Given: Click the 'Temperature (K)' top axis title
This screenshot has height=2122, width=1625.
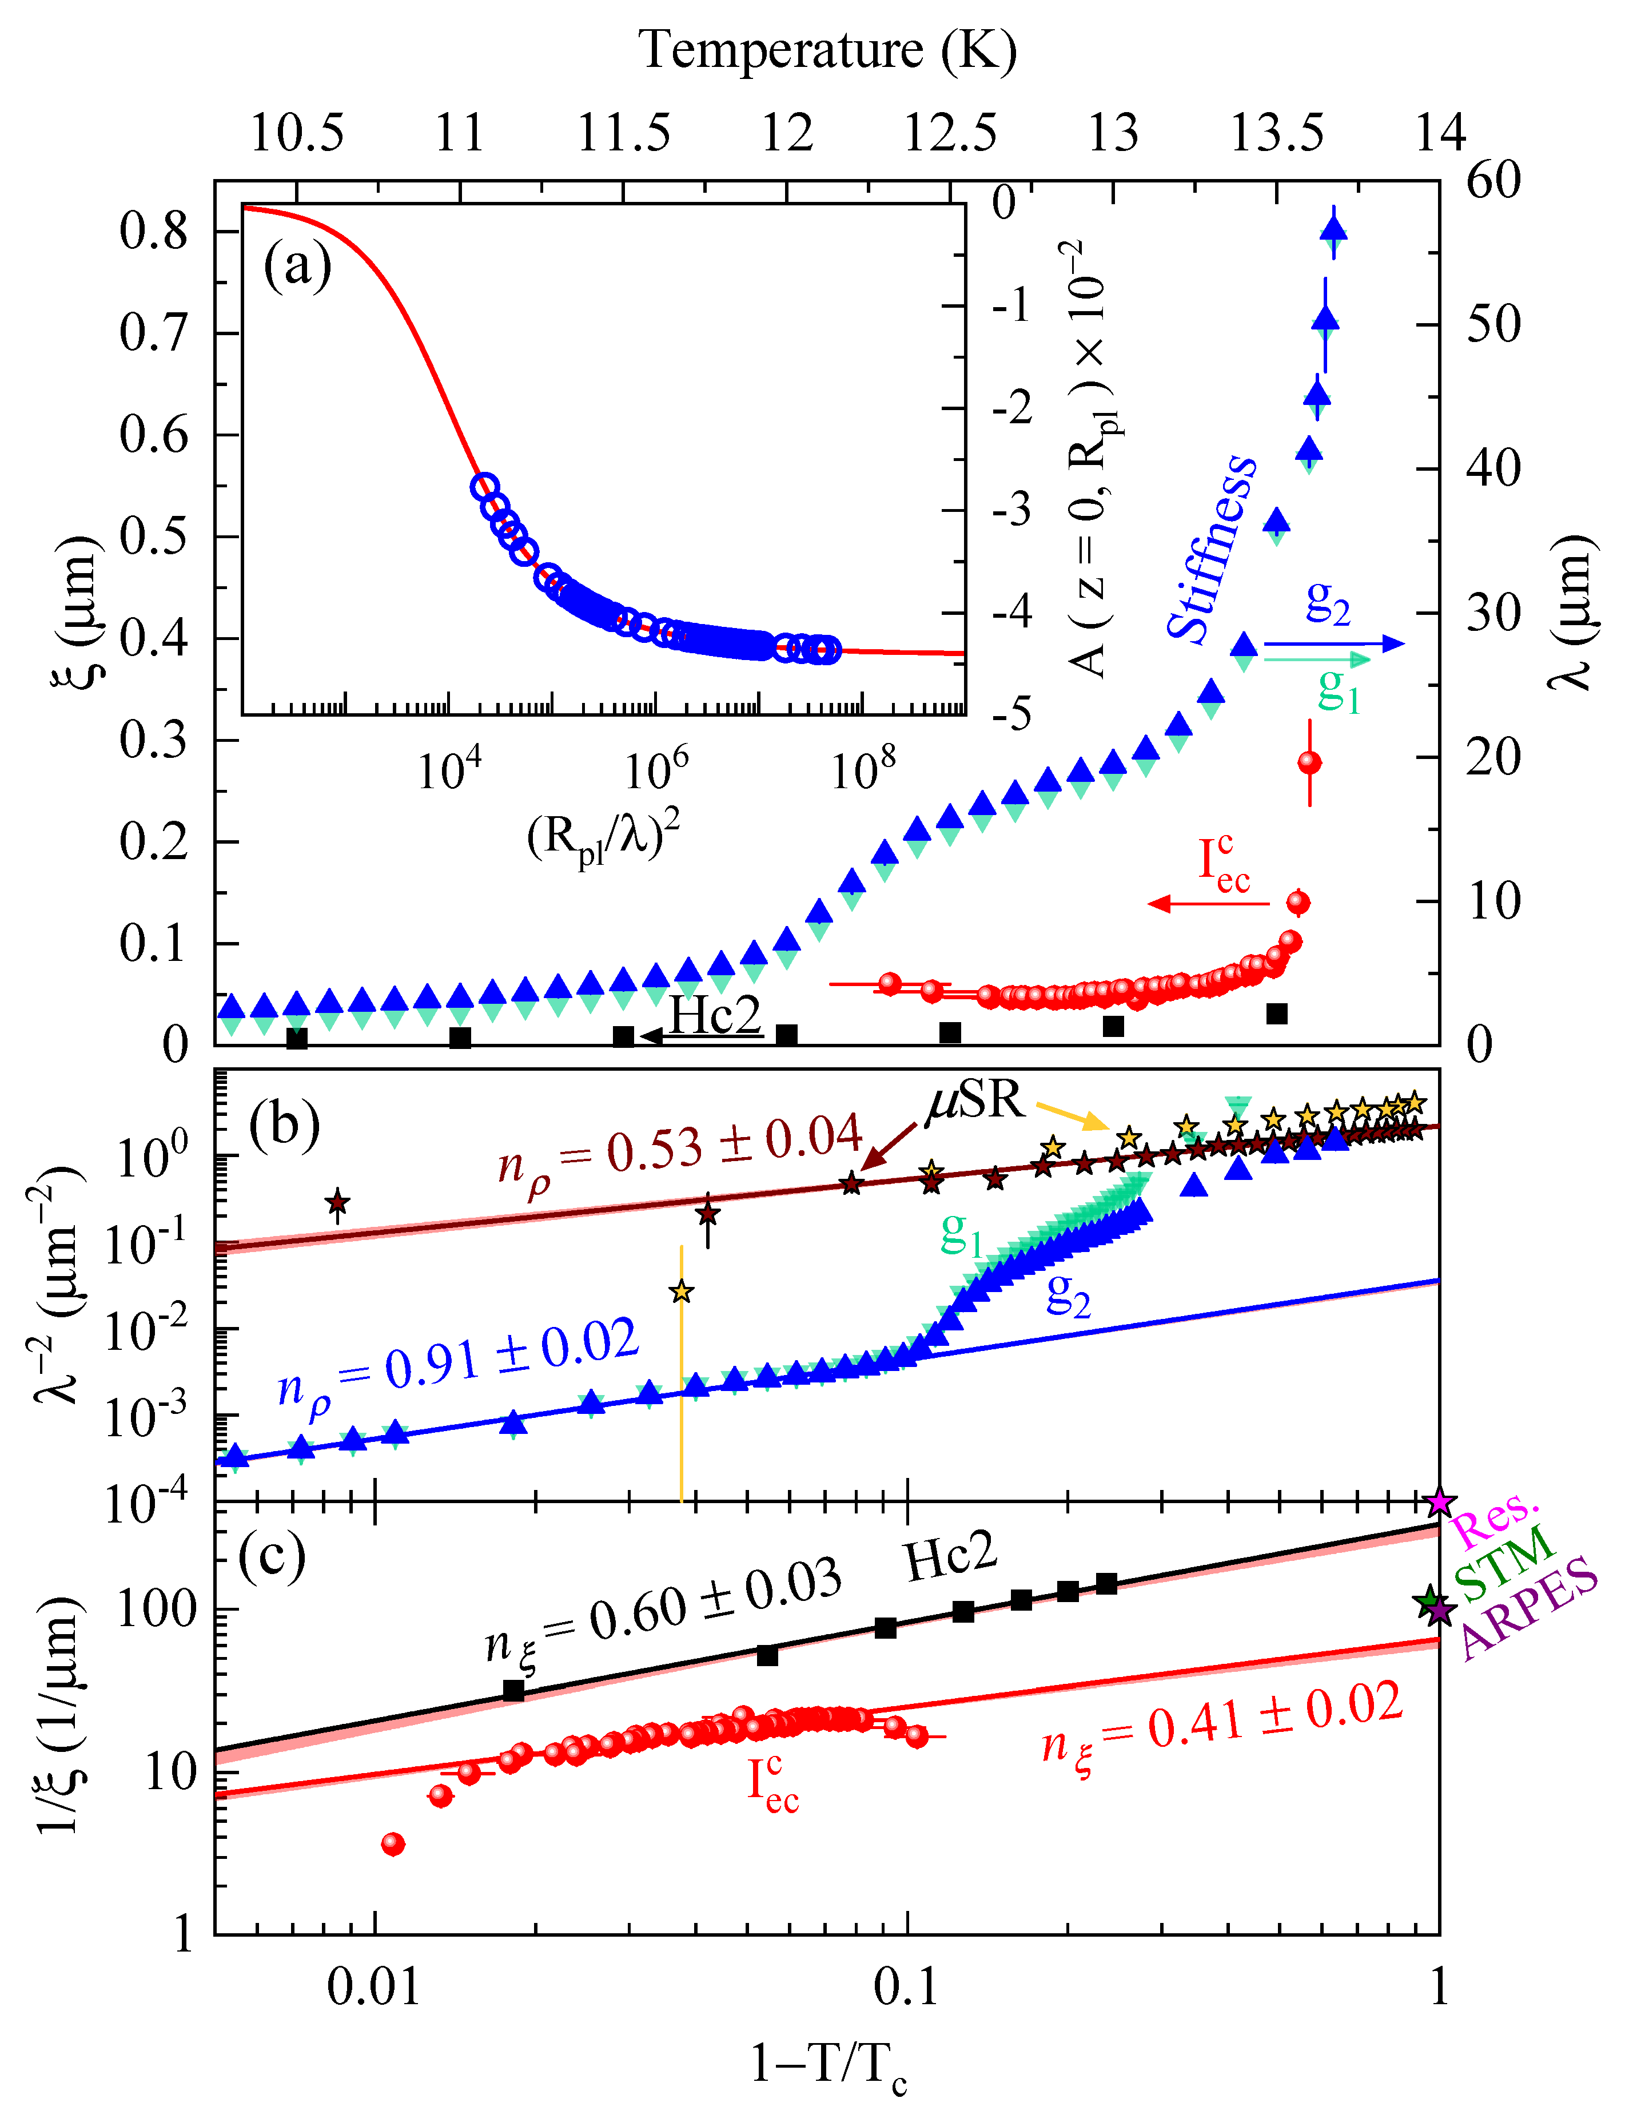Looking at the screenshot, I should point(828,50).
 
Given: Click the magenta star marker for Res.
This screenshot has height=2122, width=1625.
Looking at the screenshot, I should point(1439,1503).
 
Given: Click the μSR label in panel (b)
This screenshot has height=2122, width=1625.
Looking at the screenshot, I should point(975,1100).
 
